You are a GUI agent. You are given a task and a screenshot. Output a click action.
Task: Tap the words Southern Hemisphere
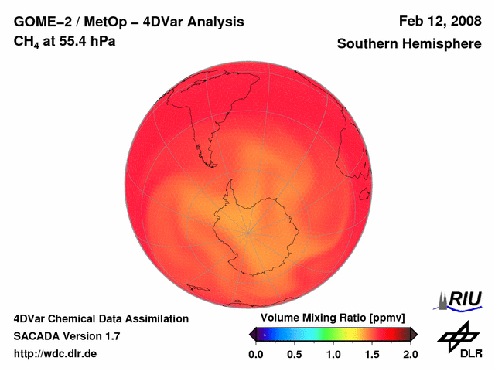[409, 43]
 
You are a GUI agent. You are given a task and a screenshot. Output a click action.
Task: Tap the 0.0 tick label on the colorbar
[256, 354]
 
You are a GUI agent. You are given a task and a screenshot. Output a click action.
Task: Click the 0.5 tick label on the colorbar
[295, 354]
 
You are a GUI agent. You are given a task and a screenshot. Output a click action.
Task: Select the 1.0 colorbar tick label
[333, 354]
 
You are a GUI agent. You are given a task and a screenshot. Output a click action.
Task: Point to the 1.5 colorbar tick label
[372, 354]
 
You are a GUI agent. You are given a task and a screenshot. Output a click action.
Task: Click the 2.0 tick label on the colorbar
[410, 354]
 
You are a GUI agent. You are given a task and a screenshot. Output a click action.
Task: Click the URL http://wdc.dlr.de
[56, 354]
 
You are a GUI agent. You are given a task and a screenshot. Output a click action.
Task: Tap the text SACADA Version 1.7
[67, 336]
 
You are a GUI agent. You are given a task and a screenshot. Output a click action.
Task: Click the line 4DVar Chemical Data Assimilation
[101, 318]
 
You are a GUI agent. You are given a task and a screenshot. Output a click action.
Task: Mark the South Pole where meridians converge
[248, 232]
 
